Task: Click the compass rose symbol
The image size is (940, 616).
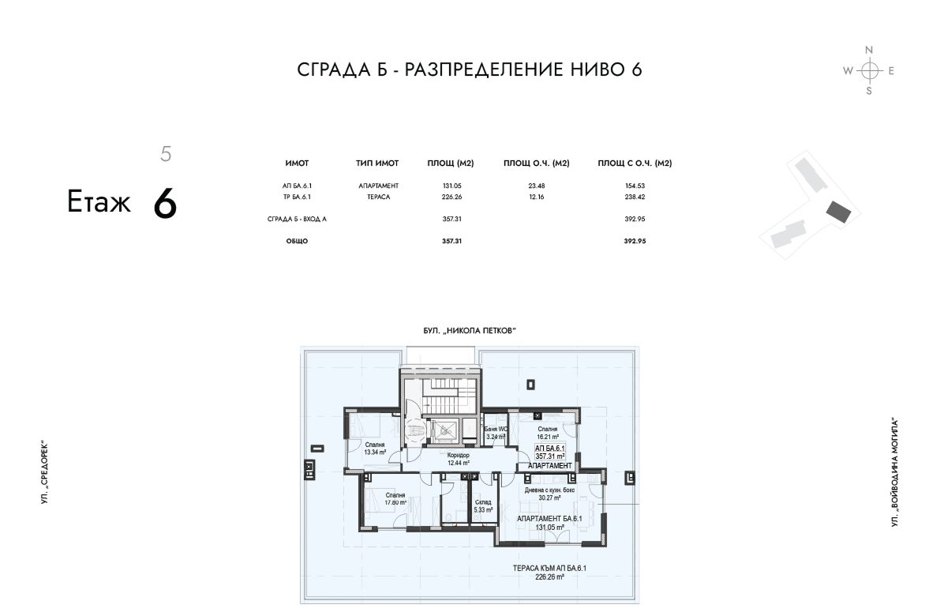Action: (x=869, y=71)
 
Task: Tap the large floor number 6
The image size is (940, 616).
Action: (x=165, y=203)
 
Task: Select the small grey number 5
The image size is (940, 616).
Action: (x=166, y=154)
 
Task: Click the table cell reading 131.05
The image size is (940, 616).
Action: (x=452, y=186)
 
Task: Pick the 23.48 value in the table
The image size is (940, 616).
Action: (x=537, y=186)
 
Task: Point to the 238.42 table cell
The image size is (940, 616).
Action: (x=635, y=197)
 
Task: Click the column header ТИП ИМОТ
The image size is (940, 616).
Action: (x=377, y=163)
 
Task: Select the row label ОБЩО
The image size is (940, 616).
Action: (x=297, y=241)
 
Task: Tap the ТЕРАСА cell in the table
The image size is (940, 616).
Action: (x=378, y=197)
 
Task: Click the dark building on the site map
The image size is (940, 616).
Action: (x=838, y=211)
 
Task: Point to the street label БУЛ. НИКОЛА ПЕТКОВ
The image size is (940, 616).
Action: (x=470, y=330)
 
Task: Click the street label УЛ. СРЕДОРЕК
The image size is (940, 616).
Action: (x=44, y=472)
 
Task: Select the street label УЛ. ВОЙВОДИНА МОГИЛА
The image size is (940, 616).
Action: (x=895, y=473)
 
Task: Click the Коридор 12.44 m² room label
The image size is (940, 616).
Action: (x=458, y=459)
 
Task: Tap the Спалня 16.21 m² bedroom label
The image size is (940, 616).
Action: (x=547, y=433)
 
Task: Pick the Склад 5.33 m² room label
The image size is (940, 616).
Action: (x=482, y=506)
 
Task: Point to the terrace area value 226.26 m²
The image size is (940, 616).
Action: (x=549, y=577)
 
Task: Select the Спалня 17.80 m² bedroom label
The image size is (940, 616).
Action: (x=395, y=499)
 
